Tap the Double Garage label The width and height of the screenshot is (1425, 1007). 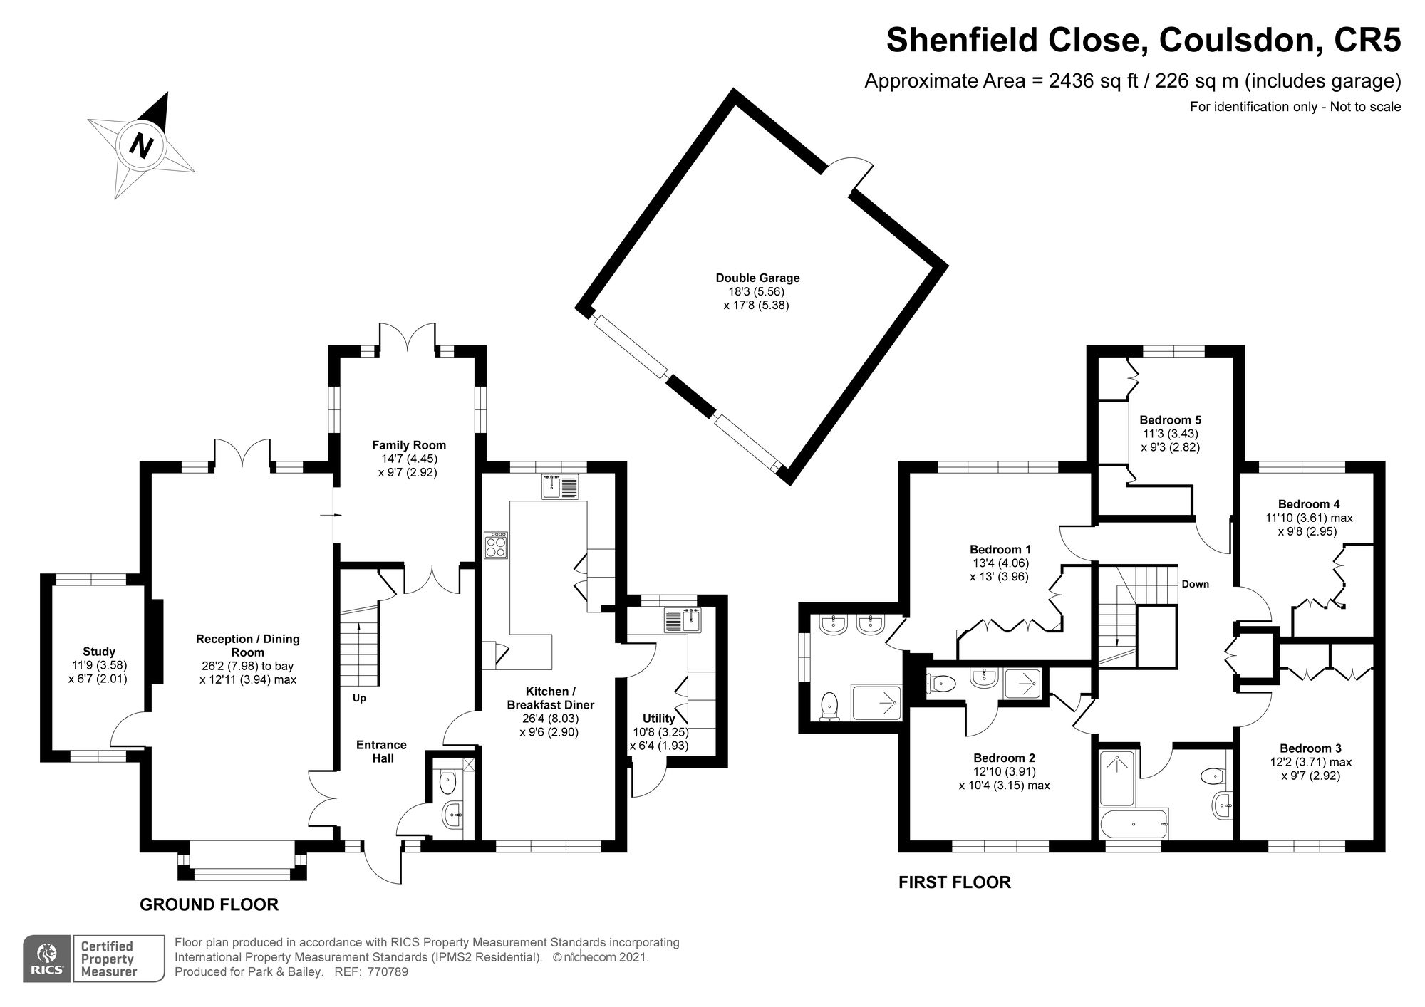pos(757,278)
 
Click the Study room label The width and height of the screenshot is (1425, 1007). pos(99,652)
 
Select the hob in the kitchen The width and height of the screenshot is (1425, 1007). pos(496,546)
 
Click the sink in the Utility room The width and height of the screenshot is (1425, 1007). pos(682,621)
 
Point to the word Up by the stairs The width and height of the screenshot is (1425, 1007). pos(359,698)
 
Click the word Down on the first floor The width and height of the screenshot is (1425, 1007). pos(1195,584)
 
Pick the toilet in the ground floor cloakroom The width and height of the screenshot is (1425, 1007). pos(447,783)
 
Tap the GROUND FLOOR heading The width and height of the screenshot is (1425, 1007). pos(209,905)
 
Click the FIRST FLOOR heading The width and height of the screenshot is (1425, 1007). pos(954,882)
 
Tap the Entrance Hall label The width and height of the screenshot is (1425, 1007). pos(381,751)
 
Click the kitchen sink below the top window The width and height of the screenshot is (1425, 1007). pos(562,487)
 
